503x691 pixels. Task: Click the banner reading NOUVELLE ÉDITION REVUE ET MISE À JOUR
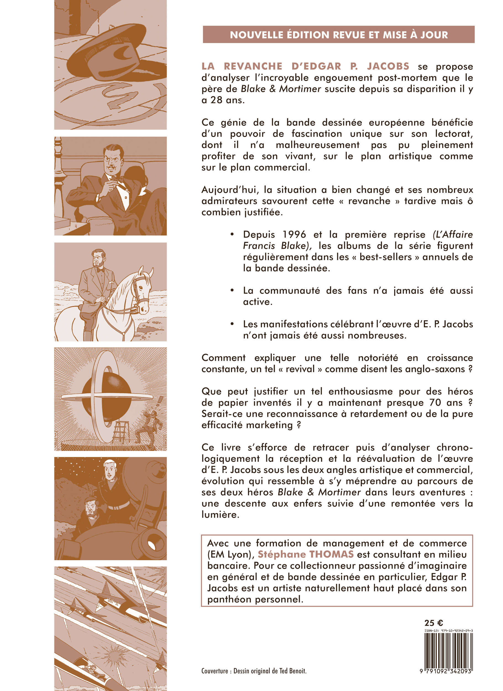339,35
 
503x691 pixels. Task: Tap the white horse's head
141,291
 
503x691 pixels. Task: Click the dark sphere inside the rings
107,396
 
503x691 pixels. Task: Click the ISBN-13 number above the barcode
448,630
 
